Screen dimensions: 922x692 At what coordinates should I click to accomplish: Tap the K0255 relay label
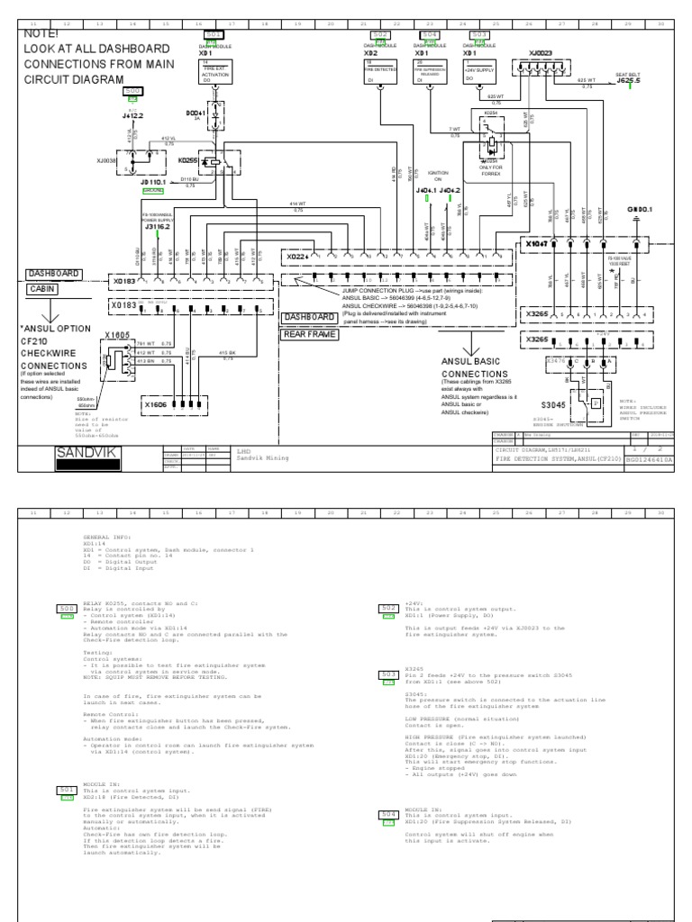click(189, 159)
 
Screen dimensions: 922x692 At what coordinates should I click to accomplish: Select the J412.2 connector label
click(132, 115)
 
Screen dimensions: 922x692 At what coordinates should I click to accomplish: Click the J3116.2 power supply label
click(158, 227)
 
